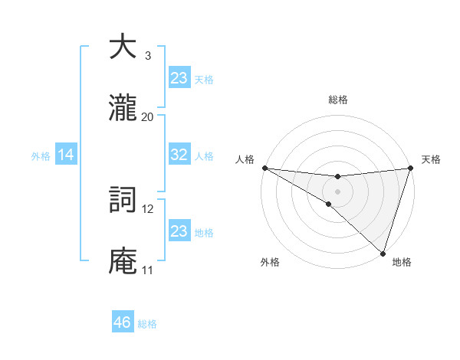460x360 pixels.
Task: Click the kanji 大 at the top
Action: coord(123,48)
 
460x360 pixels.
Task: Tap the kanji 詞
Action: coord(123,201)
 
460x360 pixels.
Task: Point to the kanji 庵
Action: coord(123,261)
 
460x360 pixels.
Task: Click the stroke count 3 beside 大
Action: coord(147,56)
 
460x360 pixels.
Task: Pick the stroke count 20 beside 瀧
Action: coord(147,116)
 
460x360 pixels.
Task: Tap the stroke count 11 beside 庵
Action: coord(147,270)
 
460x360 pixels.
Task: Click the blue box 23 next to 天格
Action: coord(179,78)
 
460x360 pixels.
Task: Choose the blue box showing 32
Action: coord(179,155)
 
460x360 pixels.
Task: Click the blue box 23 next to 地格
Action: coord(179,231)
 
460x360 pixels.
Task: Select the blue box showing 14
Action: coord(66,155)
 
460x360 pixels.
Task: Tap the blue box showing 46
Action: coord(123,322)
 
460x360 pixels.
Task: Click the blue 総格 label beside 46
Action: coord(147,324)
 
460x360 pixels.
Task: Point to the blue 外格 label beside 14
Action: coord(41,156)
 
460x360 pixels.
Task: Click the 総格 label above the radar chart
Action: coord(337,100)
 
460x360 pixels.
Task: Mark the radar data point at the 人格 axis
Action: coord(264,168)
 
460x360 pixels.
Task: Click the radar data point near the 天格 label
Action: coord(410,168)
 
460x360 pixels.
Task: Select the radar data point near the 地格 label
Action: coord(383,253)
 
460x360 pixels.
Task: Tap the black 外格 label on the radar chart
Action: coord(270,262)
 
